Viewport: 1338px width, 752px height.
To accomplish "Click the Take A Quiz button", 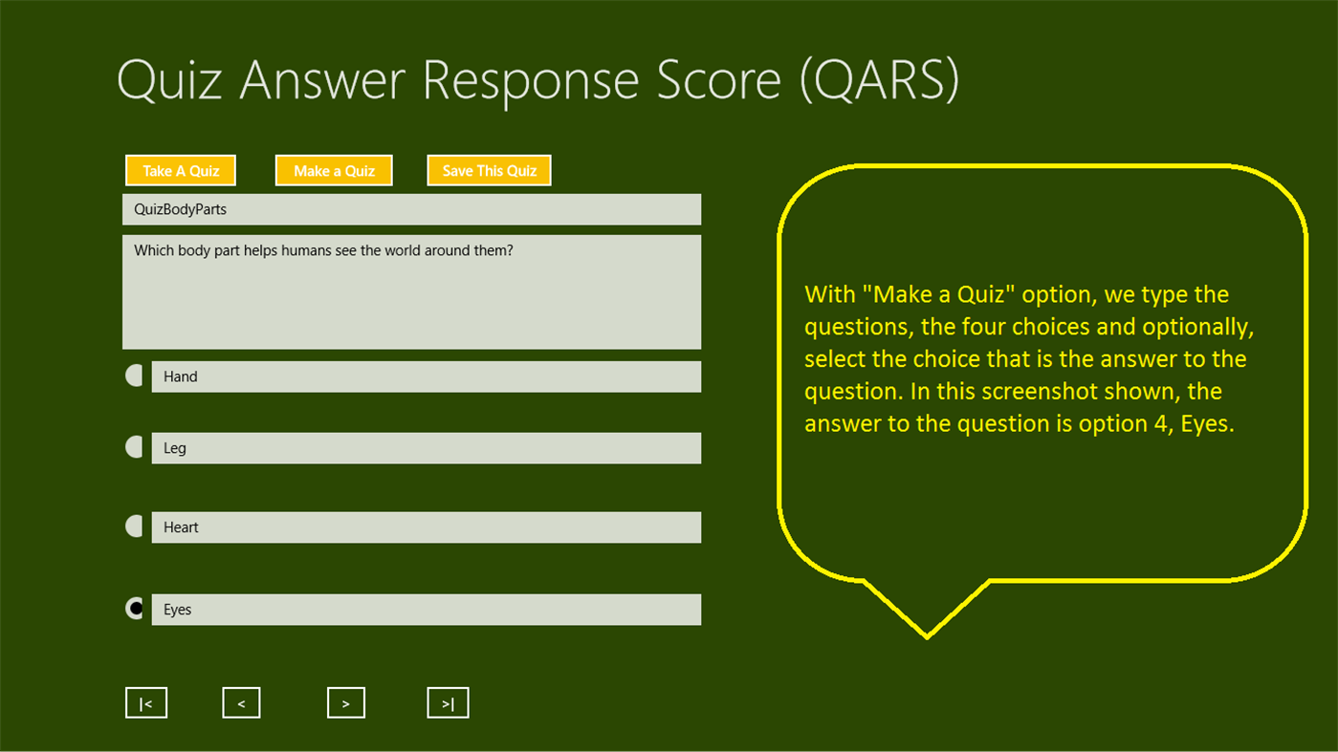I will click(181, 171).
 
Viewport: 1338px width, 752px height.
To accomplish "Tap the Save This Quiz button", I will click(489, 171).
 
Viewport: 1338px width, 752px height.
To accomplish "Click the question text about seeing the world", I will click(323, 250).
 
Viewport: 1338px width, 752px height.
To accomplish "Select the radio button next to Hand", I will click(135, 376).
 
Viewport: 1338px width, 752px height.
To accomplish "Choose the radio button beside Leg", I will click(135, 447).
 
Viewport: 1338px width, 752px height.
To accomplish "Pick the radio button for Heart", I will click(135, 526).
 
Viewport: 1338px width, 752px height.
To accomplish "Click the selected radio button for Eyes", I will click(136, 609).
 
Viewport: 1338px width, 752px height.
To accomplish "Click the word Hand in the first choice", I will click(180, 376).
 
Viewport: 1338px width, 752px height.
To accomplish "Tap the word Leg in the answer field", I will click(175, 448).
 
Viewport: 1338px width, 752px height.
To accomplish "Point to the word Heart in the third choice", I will click(181, 527).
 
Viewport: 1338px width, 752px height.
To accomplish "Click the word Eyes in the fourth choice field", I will click(177, 610).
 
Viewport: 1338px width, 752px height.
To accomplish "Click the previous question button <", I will click(241, 703).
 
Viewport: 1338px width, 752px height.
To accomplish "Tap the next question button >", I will click(345, 703).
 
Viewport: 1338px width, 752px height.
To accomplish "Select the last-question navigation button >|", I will click(448, 703).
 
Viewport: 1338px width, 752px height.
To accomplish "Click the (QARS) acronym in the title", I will click(879, 79).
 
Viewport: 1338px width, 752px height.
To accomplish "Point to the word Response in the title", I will click(531, 81).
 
